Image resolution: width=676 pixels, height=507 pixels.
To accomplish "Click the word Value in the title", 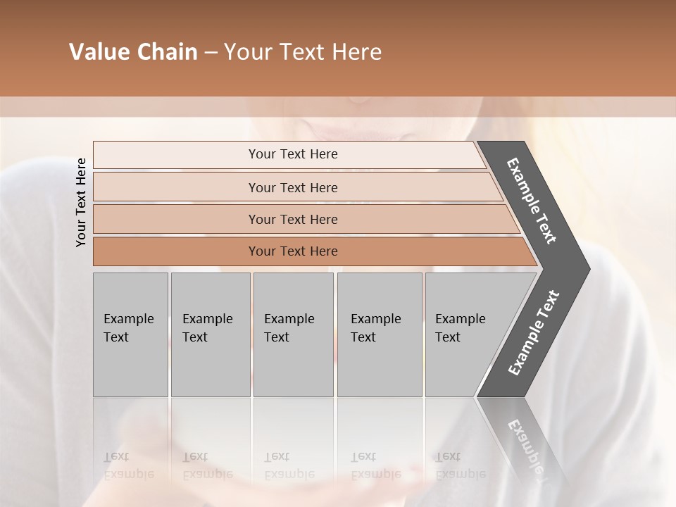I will pyautogui.click(x=95, y=52).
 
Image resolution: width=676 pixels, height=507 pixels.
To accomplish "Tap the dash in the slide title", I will pyautogui.click(x=211, y=53).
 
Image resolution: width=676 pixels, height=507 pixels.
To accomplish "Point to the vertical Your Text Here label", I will pyautogui.click(x=81, y=202).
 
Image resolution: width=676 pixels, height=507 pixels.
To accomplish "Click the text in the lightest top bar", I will pyautogui.click(x=293, y=154).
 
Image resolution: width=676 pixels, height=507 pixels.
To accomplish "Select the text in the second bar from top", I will pyautogui.click(x=293, y=188).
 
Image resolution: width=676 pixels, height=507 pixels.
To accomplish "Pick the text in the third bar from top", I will pyautogui.click(x=293, y=220).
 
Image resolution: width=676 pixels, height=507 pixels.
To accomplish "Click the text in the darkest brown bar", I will pyautogui.click(x=293, y=251).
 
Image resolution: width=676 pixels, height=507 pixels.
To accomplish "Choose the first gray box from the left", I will pyautogui.click(x=130, y=334).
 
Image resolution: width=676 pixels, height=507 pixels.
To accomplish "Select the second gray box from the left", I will pyautogui.click(x=210, y=334).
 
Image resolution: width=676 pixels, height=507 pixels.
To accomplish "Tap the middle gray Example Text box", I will pyautogui.click(x=293, y=334).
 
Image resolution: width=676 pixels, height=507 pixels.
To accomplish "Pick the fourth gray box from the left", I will pyautogui.click(x=379, y=334).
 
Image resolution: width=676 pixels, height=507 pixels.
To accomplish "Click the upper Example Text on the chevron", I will pyautogui.click(x=532, y=201).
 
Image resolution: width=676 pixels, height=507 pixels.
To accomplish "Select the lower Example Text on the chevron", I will pyautogui.click(x=534, y=333).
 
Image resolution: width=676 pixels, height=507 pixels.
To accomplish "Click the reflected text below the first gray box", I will pyautogui.click(x=128, y=465).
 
